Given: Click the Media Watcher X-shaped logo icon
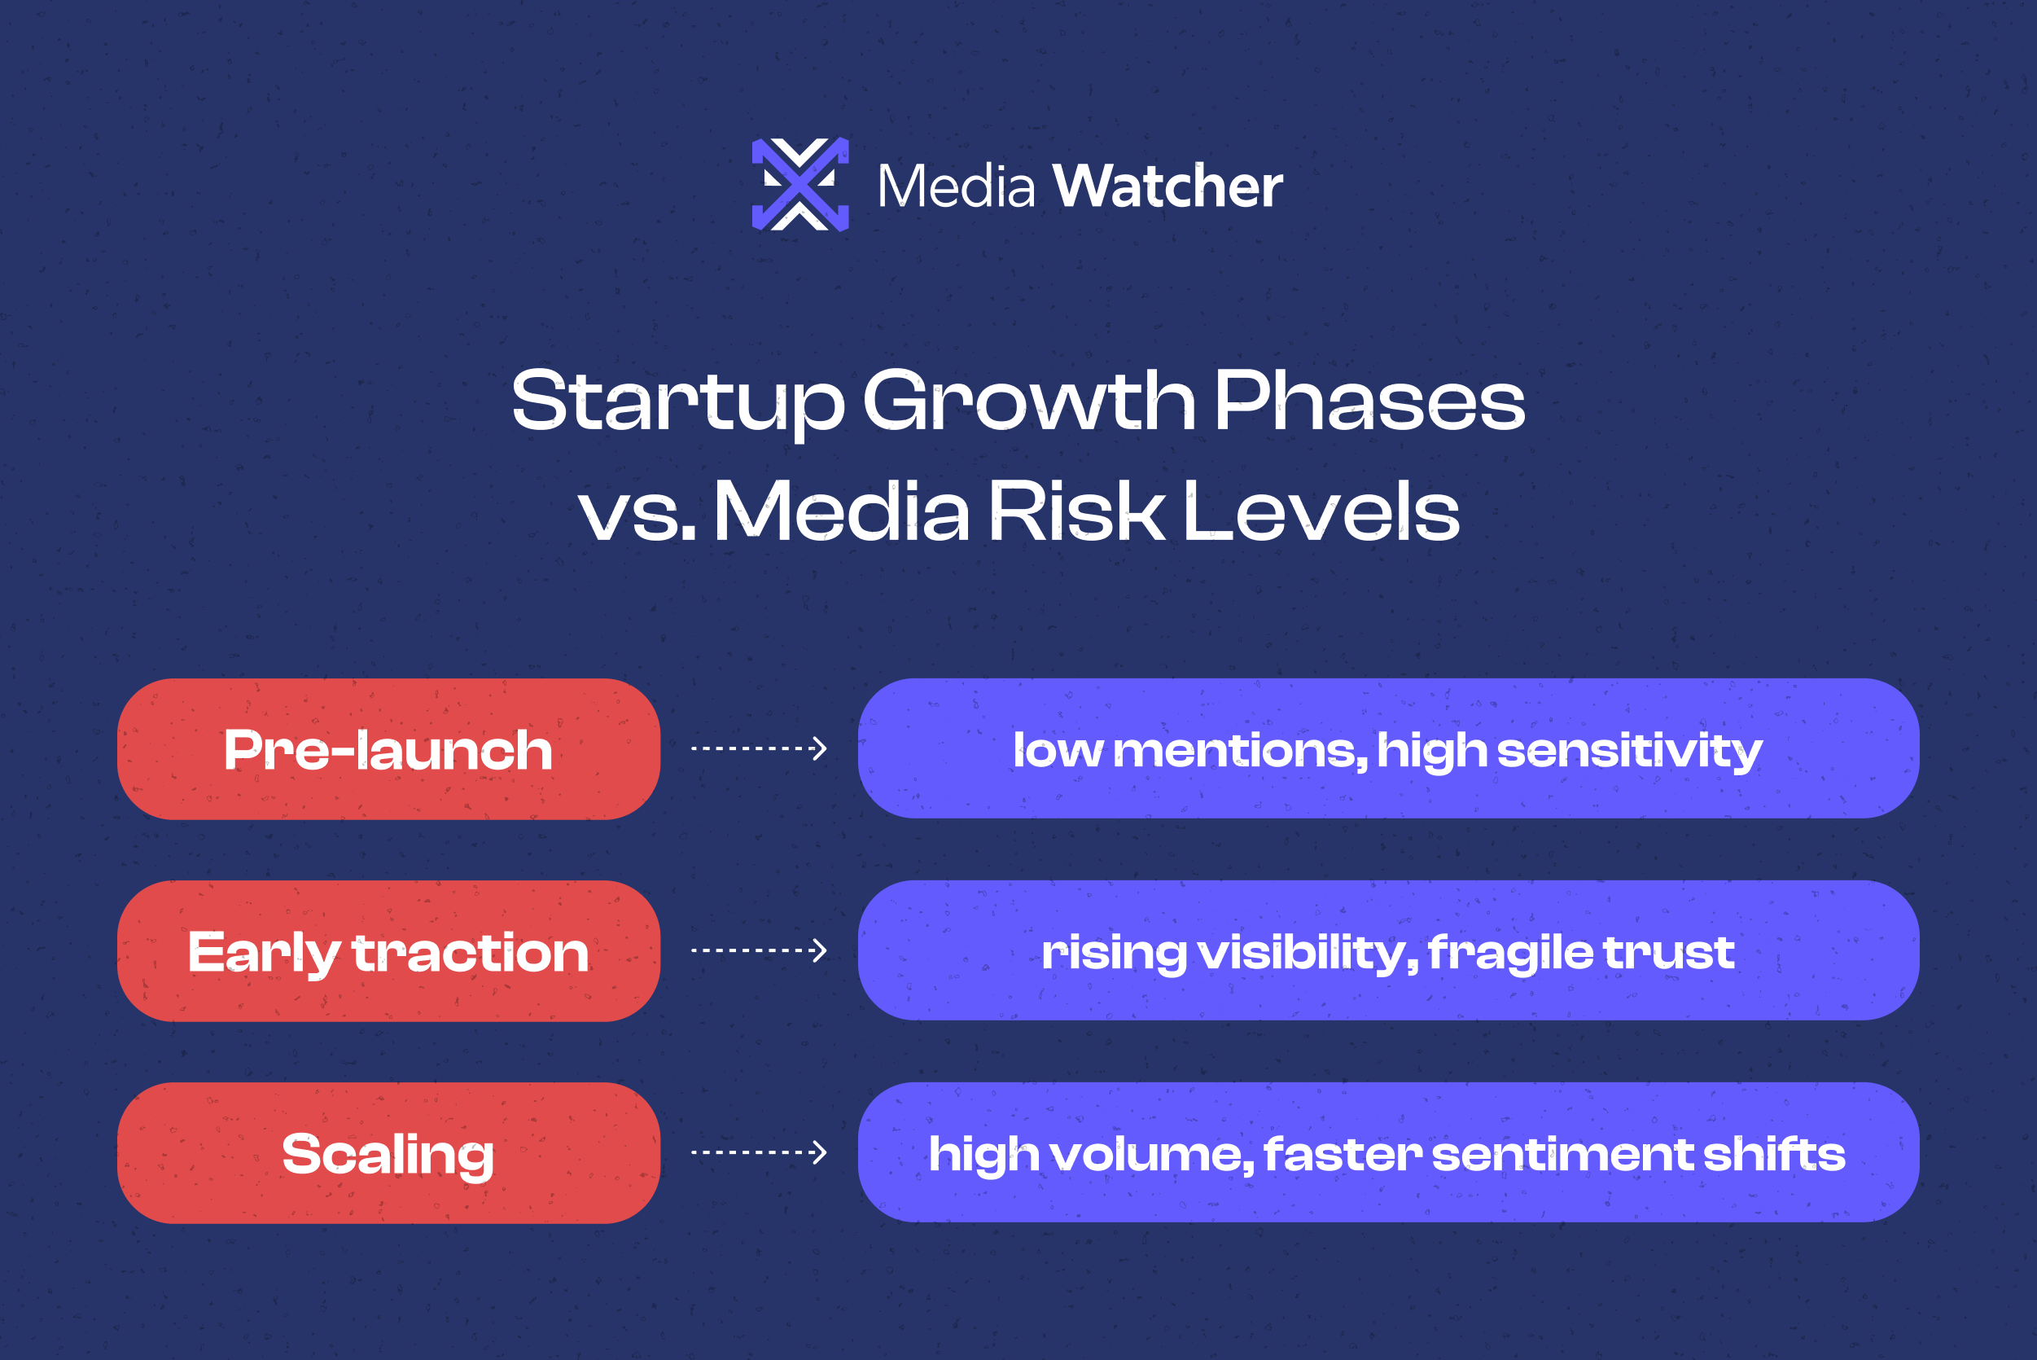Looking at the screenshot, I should pyautogui.click(x=799, y=185).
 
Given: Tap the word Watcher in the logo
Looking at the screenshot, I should pyautogui.click(x=1167, y=186).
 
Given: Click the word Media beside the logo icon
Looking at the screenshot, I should pyautogui.click(x=956, y=186).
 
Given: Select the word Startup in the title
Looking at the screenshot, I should pyautogui.click(x=677, y=401).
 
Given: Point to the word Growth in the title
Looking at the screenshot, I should pyautogui.click(x=1029, y=401).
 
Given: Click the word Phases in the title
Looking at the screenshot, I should pyautogui.click(x=1369, y=401).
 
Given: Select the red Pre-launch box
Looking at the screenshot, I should pyautogui.click(x=388, y=749).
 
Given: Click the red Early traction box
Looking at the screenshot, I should pyautogui.click(x=388, y=951).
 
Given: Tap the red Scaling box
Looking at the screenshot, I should pyautogui.click(x=388, y=1154).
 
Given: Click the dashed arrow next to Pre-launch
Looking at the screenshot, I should pyautogui.click(x=759, y=748).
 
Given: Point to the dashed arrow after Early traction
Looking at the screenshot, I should pyautogui.click(x=759, y=950).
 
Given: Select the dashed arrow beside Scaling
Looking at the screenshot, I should pyautogui.click(x=759, y=1152).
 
